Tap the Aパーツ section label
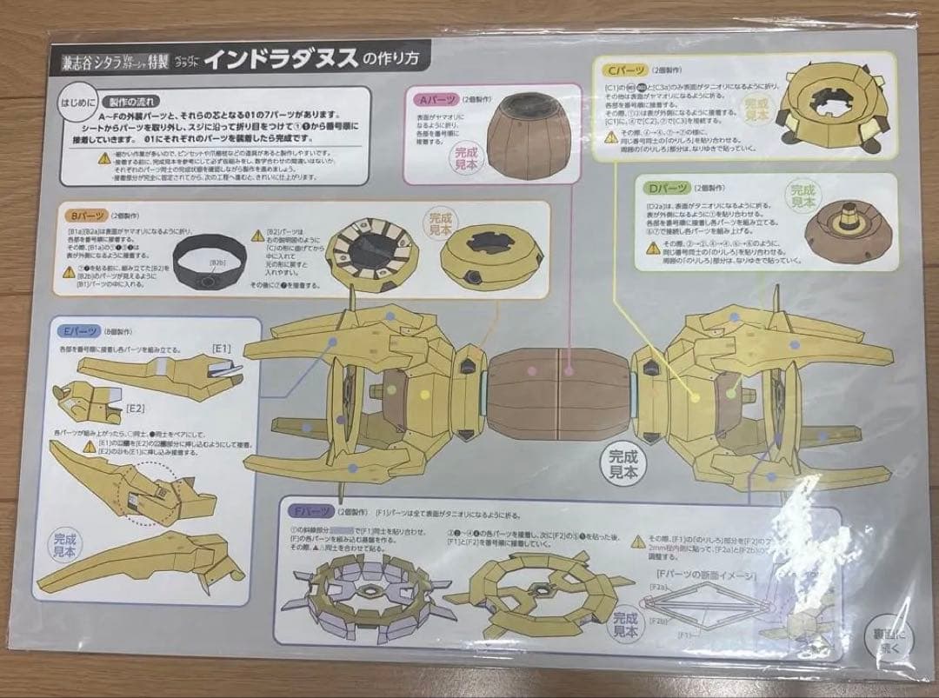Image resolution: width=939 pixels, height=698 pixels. (434, 99)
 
